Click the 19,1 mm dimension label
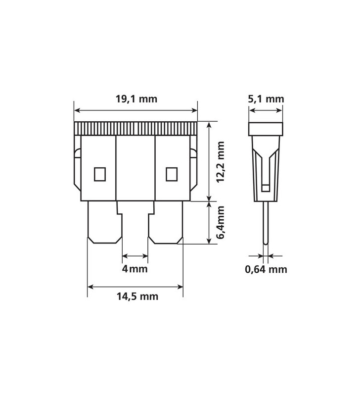point(136,99)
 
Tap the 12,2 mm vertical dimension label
point(220,162)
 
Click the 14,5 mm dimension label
point(137,297)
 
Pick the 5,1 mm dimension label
point(266,99)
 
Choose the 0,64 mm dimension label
point(266,270)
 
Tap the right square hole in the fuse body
point(171,174)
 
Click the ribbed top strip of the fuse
point(135,129)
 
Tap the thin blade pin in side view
point(266,223)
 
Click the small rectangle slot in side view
point(266,188)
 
